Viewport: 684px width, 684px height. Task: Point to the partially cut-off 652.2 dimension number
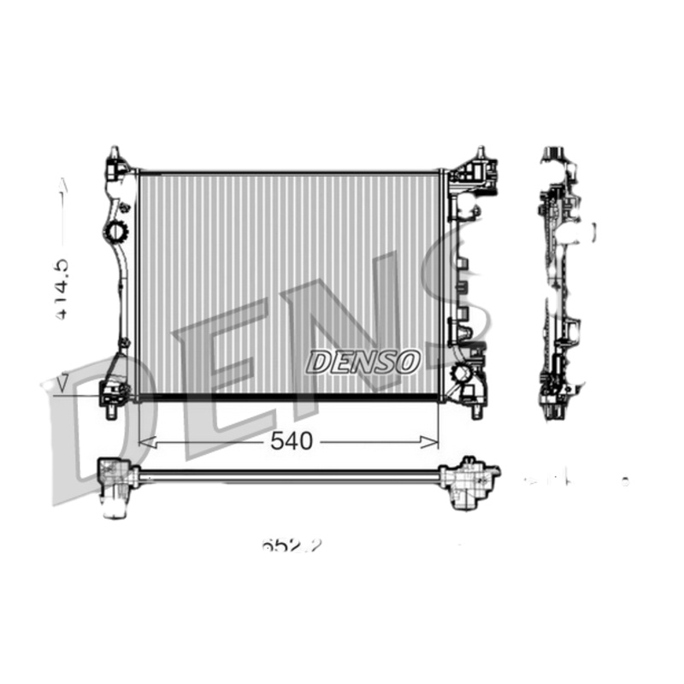(x=292, y=545)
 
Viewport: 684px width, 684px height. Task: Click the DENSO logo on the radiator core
(x=363, y=362)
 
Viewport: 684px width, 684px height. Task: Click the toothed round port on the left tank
(x=115, y=231)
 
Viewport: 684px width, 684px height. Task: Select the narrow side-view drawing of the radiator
(x=560, y=282)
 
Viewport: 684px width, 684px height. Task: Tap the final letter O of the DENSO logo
(x=408, y=362)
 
